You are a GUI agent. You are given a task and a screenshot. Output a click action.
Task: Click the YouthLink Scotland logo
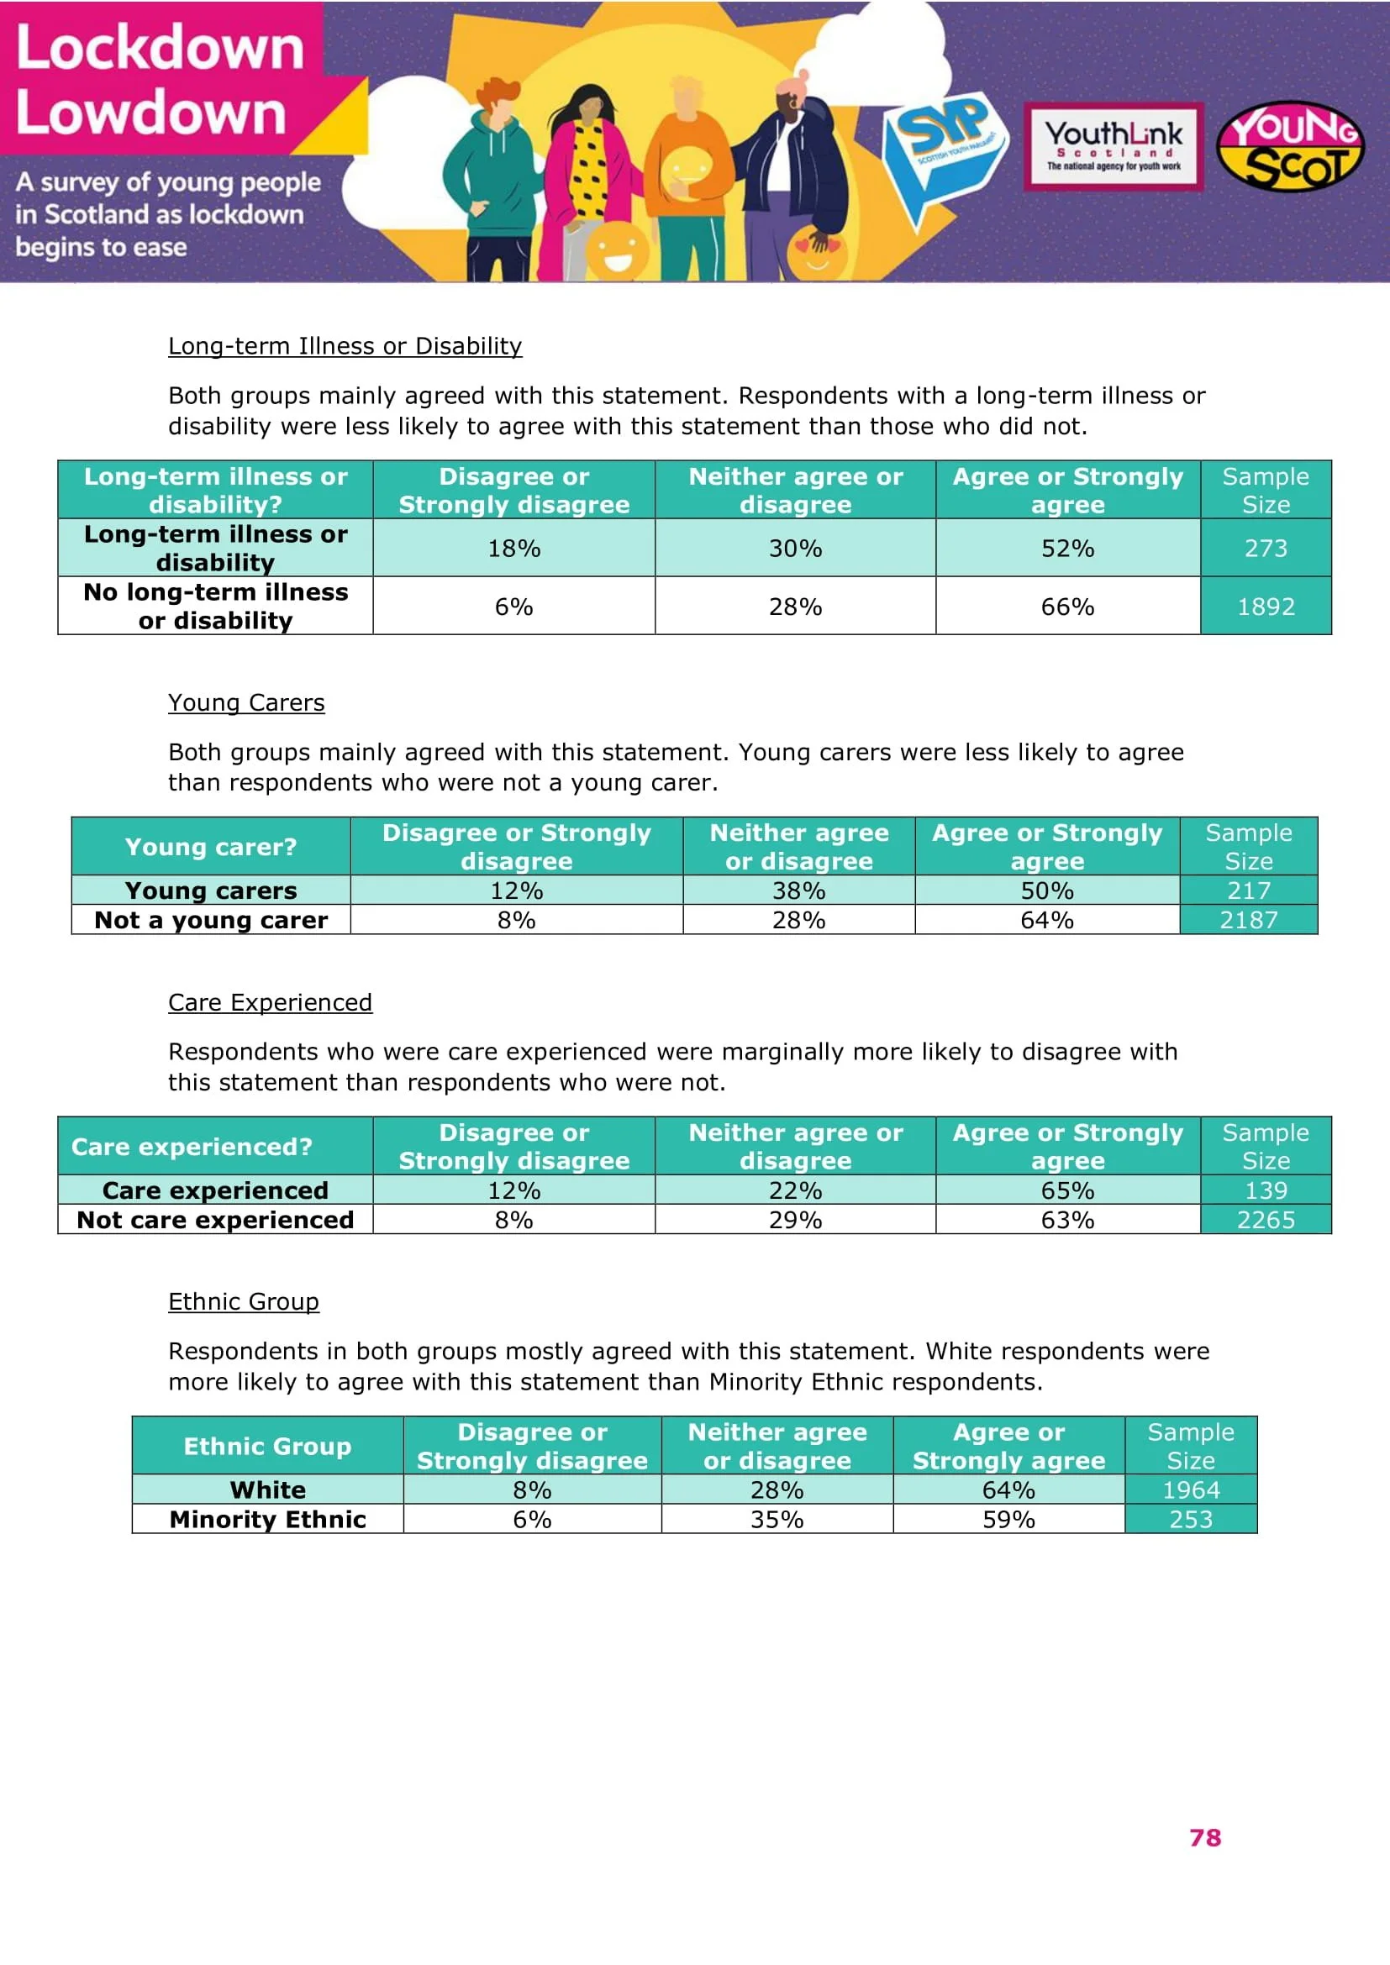1114,145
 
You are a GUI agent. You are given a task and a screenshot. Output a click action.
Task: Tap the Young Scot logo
1290,146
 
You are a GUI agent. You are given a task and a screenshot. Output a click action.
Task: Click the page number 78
1204,1837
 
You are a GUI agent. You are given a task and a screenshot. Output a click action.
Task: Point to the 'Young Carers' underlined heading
246,702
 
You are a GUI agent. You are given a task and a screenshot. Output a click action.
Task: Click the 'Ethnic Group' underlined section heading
244,1301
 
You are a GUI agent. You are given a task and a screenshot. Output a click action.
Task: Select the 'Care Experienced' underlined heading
271,1002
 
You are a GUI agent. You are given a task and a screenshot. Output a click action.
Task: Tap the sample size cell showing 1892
1265,607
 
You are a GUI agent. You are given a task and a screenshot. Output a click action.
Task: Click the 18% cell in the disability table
513,549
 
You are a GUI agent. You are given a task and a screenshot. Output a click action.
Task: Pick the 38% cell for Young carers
798,891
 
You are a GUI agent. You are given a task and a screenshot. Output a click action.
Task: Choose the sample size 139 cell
1265,1190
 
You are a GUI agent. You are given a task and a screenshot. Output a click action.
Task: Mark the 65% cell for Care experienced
1067,1190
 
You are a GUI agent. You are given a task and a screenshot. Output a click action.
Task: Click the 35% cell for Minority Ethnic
777,1519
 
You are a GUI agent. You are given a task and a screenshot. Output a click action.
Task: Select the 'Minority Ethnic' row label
268,1519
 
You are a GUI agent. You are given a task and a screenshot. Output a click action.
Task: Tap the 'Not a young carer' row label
212,920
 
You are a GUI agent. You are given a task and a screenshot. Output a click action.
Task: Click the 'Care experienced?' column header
192,1147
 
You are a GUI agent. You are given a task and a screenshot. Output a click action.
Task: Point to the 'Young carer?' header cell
212,848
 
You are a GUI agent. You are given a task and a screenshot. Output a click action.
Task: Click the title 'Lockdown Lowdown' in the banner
160,80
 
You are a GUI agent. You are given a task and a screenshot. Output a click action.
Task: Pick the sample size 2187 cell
1248,920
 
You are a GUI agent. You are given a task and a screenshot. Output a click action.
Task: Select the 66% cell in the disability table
1067,607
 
